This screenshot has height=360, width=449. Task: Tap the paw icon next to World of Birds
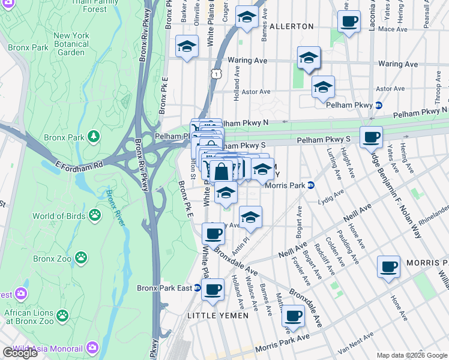[95, 215]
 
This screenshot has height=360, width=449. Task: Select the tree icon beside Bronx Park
[93, 137]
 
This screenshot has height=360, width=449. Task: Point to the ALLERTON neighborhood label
[292, 26]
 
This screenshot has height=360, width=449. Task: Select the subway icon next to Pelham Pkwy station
[379, 106]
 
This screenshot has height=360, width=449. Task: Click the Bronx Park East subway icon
[197, 288]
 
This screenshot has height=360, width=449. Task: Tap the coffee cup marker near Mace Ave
[349, 22]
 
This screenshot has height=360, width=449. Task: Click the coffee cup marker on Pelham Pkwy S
[371, 137]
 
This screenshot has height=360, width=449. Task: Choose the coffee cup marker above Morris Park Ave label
[292, 315]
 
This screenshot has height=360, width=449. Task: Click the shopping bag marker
[221, 171]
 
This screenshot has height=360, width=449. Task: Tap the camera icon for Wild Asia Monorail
[92, 347]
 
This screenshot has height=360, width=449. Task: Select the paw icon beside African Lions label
[62, 315]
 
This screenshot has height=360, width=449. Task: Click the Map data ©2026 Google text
[412, 355]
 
